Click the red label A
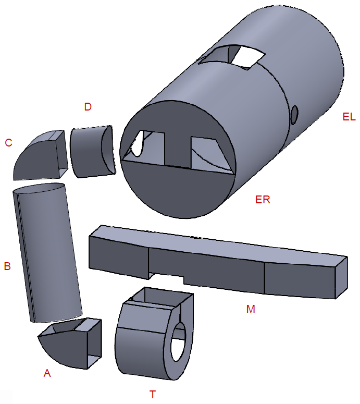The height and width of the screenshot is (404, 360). (47, 373)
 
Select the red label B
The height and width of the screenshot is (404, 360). (7, 266)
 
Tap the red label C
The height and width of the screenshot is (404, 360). (8, 142)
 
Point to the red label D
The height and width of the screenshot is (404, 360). (88, 107)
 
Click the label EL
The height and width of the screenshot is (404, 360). (349, 117)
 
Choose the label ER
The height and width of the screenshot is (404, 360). (263, 199)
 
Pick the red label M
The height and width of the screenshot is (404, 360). (251, 309)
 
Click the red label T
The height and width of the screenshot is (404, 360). (153, 394)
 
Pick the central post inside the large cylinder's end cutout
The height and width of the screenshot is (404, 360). (178, 149)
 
